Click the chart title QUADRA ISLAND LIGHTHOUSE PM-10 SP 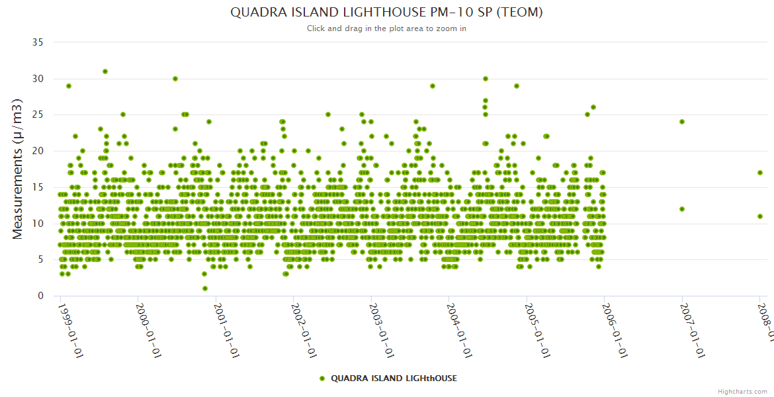coord(386,12)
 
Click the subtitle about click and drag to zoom coord(386,28)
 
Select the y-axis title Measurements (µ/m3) coord(19,169)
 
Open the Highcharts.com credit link coord(742,392)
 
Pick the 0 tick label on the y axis coord(41,296)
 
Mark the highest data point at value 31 coord(105,71)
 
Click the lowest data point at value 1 coord(205,288)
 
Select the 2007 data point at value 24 coord(682,122)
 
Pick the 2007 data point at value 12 coord(682,209)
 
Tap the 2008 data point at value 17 coord(760,173)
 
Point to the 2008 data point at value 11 coord(760,216)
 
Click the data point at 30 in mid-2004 coord(486,79)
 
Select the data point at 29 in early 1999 coord(69,86)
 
